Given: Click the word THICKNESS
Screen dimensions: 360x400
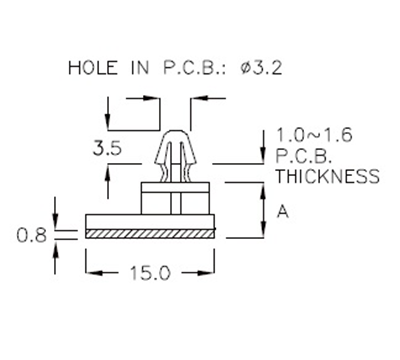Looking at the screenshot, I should pos(327,177).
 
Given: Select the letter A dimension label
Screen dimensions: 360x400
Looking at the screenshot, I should pos(283,211).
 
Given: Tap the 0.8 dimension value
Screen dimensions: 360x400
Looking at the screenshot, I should pos(32,236).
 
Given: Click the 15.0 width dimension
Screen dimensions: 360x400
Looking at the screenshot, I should pos(151,272).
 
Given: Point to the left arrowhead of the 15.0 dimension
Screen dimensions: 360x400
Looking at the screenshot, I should pos(91,272).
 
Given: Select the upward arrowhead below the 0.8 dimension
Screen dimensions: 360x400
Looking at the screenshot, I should pos(56,244).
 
